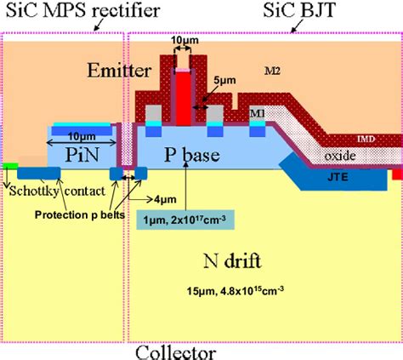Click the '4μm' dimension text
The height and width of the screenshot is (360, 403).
click(x=160, y=198)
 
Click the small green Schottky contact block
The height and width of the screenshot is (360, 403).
click(x=9, y=165)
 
